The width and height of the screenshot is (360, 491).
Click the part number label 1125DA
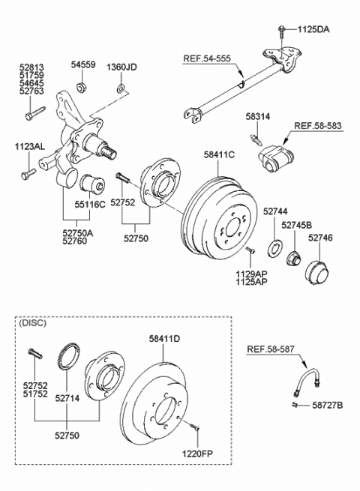pos(313,29)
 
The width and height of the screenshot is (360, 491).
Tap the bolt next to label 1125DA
pos(281,31)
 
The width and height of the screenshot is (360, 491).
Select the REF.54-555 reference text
pos(207,58)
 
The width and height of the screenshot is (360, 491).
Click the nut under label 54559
pos(82,87)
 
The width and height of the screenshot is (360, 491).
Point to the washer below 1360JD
pos(121,88)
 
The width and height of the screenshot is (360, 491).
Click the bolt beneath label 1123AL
pos(28,174)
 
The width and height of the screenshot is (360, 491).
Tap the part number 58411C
pos(219,154)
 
